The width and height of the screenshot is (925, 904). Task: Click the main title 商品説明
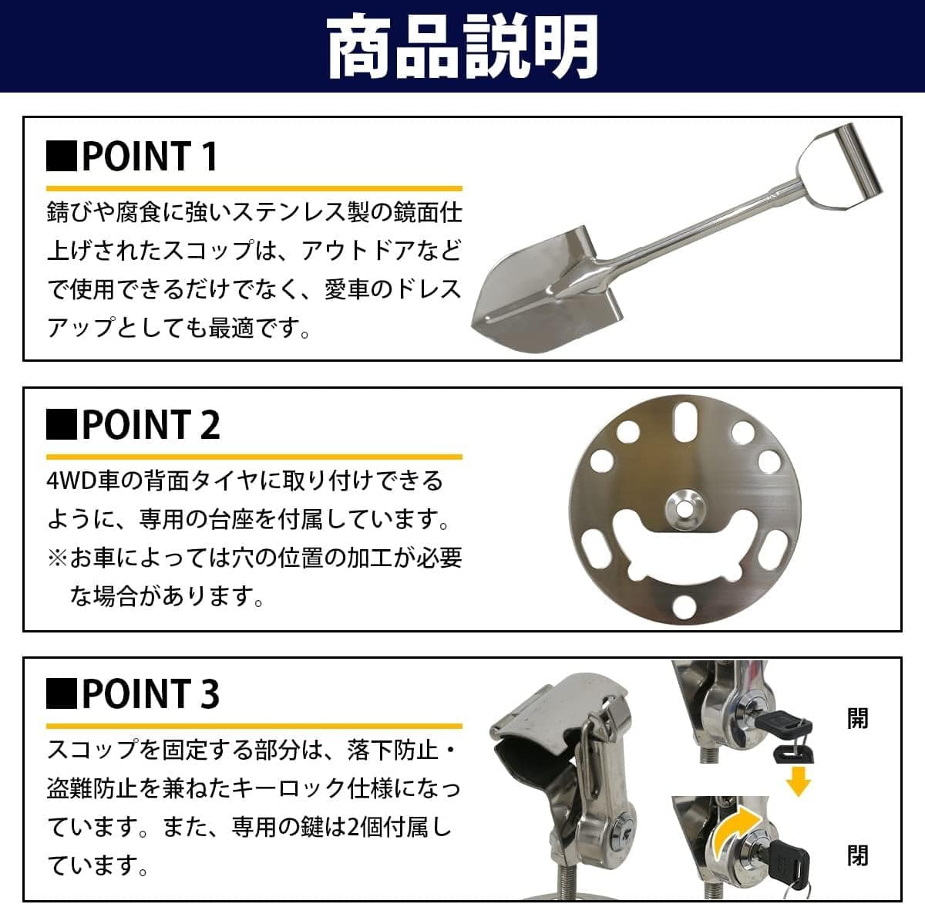[x=462, y=46]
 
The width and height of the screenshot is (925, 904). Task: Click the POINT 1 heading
[x=132, y=156]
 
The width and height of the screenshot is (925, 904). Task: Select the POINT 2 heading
[x=133, y=424]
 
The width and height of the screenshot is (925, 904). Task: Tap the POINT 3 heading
[x=133, y=693]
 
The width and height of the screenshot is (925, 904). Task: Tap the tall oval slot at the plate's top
[x=685, y=421]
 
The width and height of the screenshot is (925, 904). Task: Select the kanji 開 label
[x=857, y=717]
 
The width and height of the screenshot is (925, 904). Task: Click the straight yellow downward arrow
[x=798, y=781]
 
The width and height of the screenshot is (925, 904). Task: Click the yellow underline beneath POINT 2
[x=254, y=457]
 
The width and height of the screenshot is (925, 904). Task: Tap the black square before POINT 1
[x=62, y=156]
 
